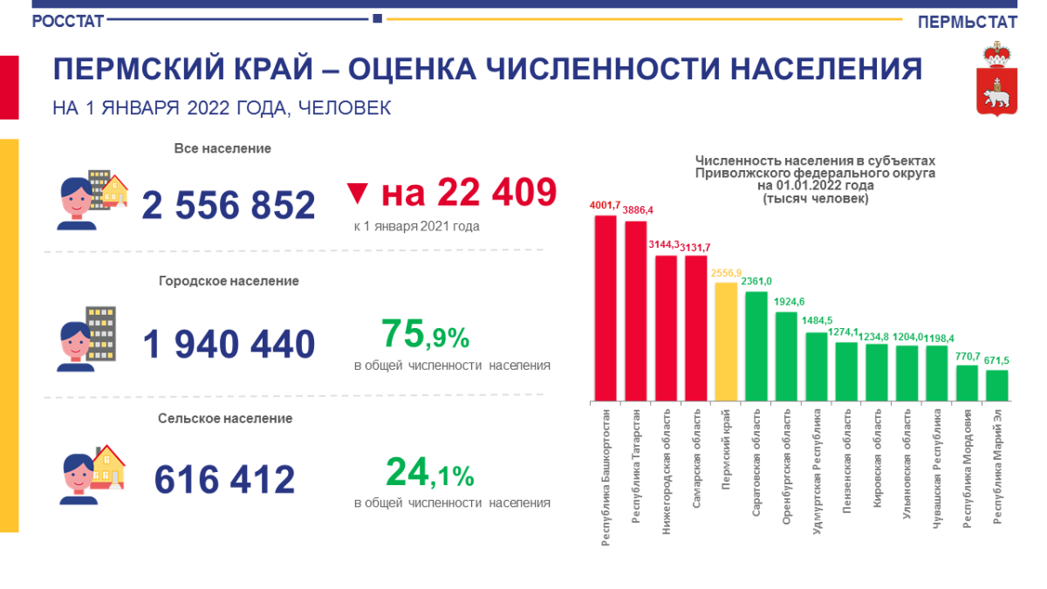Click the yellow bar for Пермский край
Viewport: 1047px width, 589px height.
pos(726,341)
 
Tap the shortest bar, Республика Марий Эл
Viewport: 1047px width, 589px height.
pos(997,385)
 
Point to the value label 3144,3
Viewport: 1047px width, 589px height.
pos(667,245)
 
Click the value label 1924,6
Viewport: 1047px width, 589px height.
pos(786,302)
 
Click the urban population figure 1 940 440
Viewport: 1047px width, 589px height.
pos(229,345)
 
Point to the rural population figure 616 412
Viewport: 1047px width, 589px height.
pos(225,479)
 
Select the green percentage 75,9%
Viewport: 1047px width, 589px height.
pos(426,334)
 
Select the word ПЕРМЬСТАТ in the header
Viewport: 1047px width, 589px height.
pos(968,22)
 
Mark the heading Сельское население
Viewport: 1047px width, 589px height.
pos(225,418)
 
